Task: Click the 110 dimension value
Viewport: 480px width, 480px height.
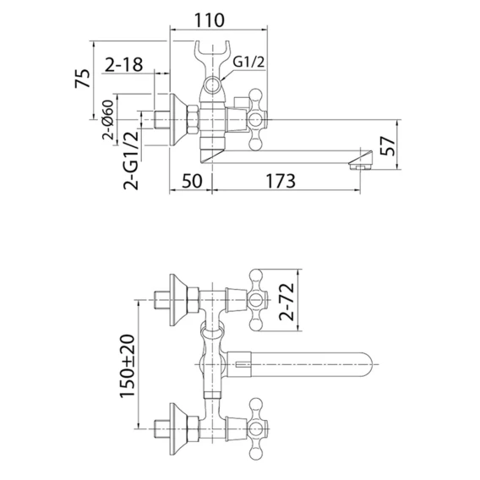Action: (x=210, y=20)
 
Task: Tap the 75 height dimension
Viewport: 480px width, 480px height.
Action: (x=83, y=79)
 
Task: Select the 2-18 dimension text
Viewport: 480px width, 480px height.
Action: (x=124, y=65)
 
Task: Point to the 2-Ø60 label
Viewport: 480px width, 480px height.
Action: (x=108, y=120)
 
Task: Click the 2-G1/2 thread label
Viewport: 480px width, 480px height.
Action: (x=131, y=160)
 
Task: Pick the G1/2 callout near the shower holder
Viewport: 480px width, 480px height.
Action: (x=248, y=63)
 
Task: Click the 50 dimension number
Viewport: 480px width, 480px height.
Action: (x=192, y=181)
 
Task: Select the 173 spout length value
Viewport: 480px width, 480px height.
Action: (x=281, y=181)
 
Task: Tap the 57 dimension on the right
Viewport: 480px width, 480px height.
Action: (x=387, y=146)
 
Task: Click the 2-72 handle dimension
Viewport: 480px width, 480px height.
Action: (x=286, y=302)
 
